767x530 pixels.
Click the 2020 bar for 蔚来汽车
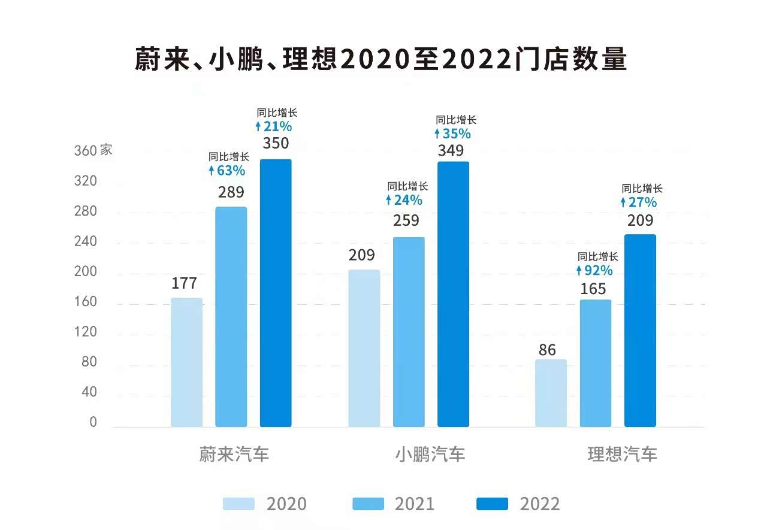click(x=186, y=362)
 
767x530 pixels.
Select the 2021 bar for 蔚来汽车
click(x=231, y=317)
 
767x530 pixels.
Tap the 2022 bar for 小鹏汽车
click(x=453, y=294)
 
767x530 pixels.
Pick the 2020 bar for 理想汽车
click(x=551, y=393)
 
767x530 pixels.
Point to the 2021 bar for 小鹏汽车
click(x=409, y=332)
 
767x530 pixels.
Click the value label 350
click(x=276, y=144)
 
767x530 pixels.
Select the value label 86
click(x=547, y=350)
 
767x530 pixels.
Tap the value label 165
click(x=593, y=289)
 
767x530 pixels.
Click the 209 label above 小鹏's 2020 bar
click(x=362, y=256)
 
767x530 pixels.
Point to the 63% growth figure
click(x=227, y=171)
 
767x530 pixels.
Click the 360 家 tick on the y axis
click(x=93, y=150)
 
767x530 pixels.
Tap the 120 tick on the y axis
click(x=86, y=332)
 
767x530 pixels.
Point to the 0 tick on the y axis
click(x=93, y=423)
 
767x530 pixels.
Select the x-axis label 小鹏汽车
click(x=430, y=454)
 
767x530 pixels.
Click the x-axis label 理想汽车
click(x=622, y=454)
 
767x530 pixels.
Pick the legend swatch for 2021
click(x=369, y=504)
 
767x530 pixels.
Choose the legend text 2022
click(x=540, y=504)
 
